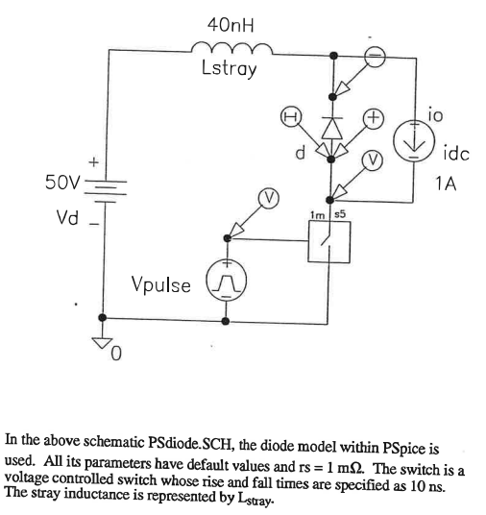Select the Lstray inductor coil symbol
click(x=229, y=49)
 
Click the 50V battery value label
click(x=62, y=181)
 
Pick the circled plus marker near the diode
click(x=375, y=119)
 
